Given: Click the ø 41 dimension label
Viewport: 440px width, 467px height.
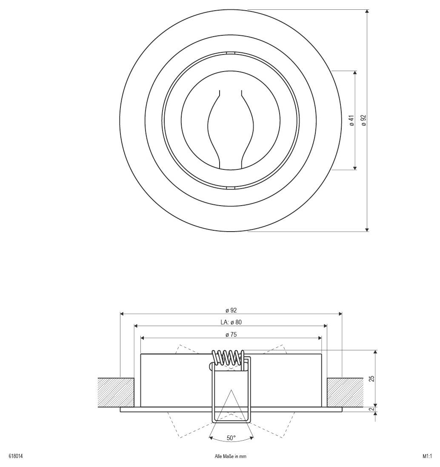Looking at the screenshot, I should pos(351,120).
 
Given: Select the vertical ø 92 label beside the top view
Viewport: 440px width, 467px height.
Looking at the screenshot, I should pos(363,120).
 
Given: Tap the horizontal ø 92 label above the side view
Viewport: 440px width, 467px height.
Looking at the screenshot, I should pos(231,310).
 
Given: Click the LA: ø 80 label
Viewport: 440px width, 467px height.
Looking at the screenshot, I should pos(231,322).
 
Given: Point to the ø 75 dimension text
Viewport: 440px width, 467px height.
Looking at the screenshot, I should pos(231,335).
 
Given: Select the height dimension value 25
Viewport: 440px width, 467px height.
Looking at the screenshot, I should pos(371,378).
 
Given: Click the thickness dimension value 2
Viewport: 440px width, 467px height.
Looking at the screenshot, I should pos(371,410).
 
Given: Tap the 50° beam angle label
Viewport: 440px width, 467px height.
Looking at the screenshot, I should pos(231,438).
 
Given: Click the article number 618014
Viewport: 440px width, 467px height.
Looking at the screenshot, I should pos(16,456).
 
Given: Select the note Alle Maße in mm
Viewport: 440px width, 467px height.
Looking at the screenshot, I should pos(231,456).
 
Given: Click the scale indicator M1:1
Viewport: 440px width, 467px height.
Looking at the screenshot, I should pos(427,456).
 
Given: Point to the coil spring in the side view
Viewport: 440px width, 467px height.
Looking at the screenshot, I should pos(229,357).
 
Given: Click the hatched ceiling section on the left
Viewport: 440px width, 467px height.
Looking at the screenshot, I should pos(116,392).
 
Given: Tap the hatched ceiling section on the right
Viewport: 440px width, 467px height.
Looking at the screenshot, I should pos(345,392).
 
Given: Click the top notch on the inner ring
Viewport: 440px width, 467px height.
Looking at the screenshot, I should pos(230,53).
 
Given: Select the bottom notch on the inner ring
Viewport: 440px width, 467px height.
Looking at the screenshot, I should pos(230,187).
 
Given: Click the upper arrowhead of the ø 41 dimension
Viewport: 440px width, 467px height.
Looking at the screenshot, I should pos(355,74).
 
